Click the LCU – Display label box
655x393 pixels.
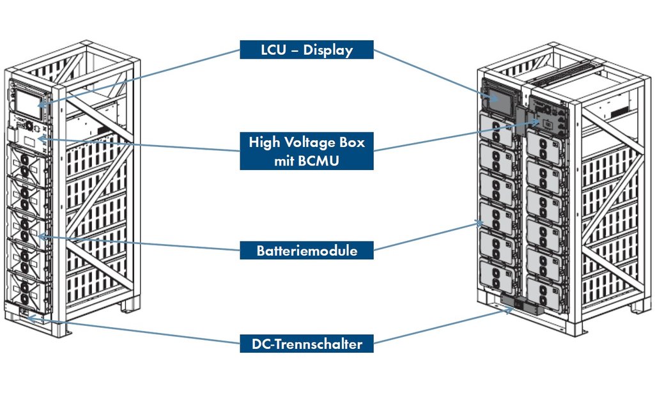(x=307, y=50)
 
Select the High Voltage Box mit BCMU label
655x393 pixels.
(x=307, y=151)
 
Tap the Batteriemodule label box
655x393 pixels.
(x=307, y=250)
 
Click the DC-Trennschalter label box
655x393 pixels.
(x=307, y=344)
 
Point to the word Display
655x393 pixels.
(x=330, y=50)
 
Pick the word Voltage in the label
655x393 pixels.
(x=315, y=142)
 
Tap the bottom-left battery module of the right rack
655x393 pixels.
(x=497, y=281)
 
